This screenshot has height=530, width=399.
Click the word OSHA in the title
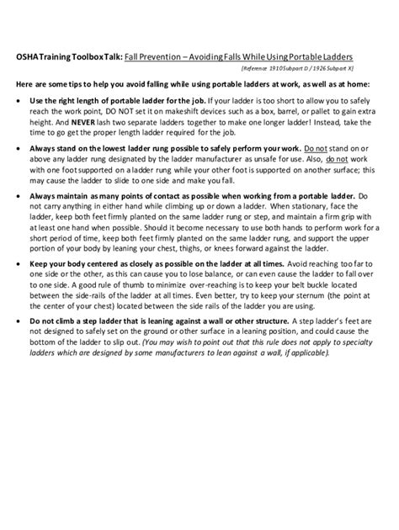coord(27,57)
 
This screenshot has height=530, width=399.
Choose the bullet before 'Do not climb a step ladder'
coord(19,321)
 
